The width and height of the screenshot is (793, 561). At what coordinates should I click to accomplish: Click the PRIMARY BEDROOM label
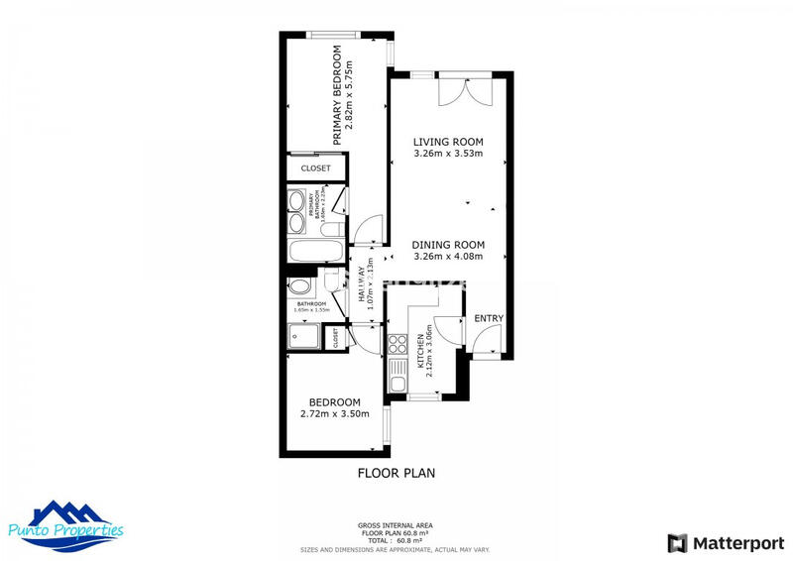point(337,95)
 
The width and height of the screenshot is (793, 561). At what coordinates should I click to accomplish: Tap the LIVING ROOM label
point(448,142)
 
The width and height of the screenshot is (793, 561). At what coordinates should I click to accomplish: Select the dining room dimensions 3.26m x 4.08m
point(448,257)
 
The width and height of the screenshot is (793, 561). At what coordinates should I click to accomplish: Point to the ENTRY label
point(489,318)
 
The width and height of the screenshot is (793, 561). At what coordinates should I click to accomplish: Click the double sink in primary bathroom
point(296,211)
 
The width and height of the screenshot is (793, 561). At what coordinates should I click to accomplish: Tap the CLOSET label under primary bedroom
point(316,168)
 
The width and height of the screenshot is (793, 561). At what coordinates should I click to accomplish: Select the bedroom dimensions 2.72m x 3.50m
point(334,413)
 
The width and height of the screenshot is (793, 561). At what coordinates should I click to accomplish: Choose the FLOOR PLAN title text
point(396,474)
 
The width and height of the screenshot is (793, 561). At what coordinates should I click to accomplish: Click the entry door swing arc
point(485,343)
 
